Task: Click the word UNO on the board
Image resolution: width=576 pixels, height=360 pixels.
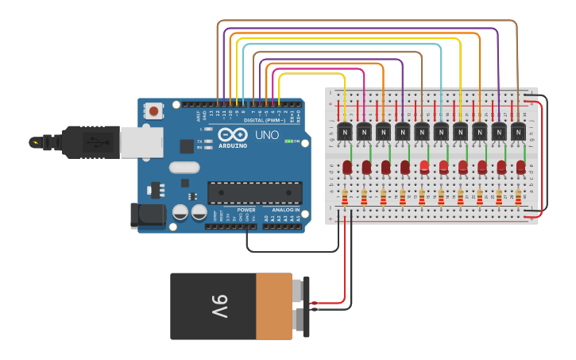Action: coord(267,136)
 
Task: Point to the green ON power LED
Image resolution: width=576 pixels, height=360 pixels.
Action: coord(288,141)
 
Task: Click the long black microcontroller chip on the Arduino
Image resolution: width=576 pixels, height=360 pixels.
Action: coord(255,192)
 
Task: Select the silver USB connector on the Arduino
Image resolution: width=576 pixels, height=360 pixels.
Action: coord(141,142)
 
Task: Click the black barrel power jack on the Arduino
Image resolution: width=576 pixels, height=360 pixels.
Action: coord(148,215)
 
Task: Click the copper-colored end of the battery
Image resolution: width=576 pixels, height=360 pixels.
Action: coord(273,307)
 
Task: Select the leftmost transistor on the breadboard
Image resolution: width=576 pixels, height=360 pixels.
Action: coord(345,131)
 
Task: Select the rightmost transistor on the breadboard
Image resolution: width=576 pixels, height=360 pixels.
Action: coord(518,131)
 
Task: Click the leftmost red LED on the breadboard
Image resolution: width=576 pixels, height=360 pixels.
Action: coord(347,167)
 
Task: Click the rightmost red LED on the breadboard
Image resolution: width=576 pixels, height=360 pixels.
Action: coord(520,167)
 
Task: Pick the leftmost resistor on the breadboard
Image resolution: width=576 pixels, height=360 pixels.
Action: coord(344,197)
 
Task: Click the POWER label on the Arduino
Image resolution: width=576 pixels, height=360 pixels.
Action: coord(246,210)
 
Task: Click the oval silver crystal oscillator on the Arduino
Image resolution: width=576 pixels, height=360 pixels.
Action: coord(184,168)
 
